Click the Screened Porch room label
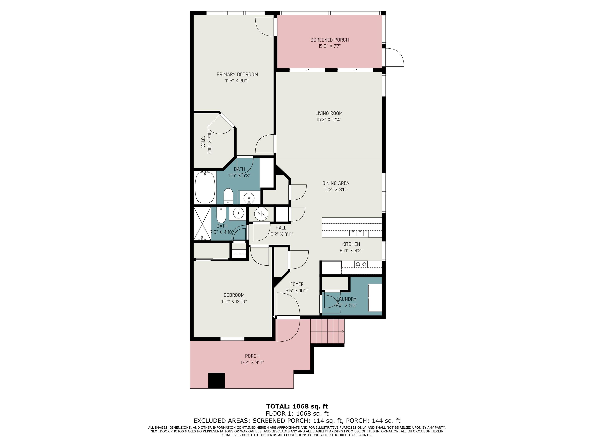tap(329, 40)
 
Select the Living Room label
tap(329, 113)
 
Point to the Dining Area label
tap(336, 183)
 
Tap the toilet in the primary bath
tap(228, 196)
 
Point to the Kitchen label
tap(351, 244)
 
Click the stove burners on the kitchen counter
tap(361, 264)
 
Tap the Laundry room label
tap(346, 299)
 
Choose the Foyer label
tap(297, 284)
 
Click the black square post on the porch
tap(216, 380)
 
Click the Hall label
tap(281, 228)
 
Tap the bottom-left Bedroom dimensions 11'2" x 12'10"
tap(234, 301)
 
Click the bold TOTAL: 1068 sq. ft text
tap(297, 406)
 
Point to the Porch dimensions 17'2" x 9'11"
tap(252, 362)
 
